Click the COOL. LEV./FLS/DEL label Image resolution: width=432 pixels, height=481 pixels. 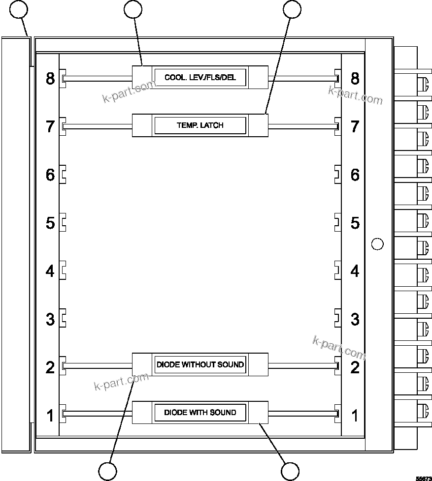tap(200, 78)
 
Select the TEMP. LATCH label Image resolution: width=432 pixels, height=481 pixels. tap(200, 125)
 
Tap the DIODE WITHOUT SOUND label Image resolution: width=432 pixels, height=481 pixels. tap(200, 364)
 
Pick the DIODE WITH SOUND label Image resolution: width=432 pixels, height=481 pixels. tap(200, 412)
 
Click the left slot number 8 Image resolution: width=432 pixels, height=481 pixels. tap(50, 79)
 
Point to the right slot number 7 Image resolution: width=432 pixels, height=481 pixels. tap(355, 126)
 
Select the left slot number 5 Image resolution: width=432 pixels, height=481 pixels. tap(50, 223)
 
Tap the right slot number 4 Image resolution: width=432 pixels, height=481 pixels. tap(355, 271)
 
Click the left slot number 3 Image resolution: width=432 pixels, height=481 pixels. tap(50, 319)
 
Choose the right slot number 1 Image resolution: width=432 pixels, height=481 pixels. tap(355, 416)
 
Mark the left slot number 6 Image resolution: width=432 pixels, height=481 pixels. tap(50, 175)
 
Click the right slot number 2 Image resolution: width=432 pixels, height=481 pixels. tap(355, 367)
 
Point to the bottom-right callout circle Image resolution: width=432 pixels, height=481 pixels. tap(290, 471)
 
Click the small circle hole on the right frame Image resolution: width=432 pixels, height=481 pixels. tap(377, 243)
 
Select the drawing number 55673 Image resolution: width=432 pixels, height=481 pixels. tap(423, 478)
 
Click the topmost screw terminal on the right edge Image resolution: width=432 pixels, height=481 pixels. tap(423, 84)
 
